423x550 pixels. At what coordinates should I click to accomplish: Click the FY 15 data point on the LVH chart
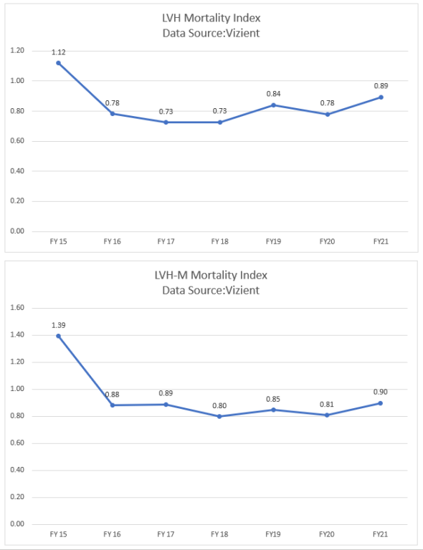tap(59, 63)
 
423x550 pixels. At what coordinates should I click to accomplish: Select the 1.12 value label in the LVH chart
tap(59, 52)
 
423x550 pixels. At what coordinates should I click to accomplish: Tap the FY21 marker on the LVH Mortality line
tap(381, 97)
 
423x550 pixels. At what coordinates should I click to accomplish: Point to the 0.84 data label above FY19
tap(273, 94)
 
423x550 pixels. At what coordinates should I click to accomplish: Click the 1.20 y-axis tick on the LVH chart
tap(17, 51)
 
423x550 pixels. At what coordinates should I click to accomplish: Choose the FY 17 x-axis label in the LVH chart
tap(166, 242)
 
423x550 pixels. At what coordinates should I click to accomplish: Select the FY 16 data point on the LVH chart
tap(113, 114)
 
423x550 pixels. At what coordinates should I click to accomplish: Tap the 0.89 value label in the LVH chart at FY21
tap(381, 86)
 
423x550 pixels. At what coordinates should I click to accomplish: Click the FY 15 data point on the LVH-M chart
tap(59, 336)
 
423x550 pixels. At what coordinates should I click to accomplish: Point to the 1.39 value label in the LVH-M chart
tap(59, 324)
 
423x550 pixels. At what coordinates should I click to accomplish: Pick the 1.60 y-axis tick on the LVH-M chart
tap(17, 308)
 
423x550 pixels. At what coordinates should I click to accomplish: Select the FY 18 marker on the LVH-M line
tap(219, 416)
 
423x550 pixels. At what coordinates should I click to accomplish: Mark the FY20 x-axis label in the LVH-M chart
tap(327, 534)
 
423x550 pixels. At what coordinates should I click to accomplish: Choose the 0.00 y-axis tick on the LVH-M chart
tap(17, 524)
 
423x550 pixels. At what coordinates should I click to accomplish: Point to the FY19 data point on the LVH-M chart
tap(273, 410)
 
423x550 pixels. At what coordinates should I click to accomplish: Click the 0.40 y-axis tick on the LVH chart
tap(17, 171)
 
